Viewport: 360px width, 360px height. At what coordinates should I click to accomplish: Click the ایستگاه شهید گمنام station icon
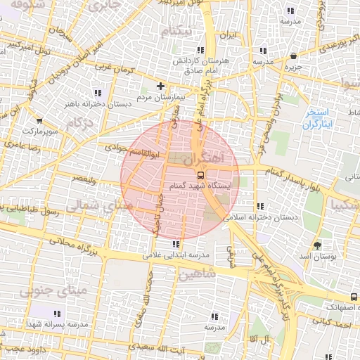[201, 174]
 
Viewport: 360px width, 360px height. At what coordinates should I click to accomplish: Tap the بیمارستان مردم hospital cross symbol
[160, 86]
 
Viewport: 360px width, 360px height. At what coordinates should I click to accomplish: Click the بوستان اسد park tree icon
[318, 245]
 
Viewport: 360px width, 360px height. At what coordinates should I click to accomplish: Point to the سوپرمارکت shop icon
[39, 121]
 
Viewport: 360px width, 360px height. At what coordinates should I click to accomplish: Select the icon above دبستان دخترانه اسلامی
[261, 207]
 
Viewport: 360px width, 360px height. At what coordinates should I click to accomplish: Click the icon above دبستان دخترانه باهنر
[97, 92]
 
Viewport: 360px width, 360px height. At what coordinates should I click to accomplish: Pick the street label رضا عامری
[22, 145]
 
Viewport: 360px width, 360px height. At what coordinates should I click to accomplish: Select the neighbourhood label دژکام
[79, 123]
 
